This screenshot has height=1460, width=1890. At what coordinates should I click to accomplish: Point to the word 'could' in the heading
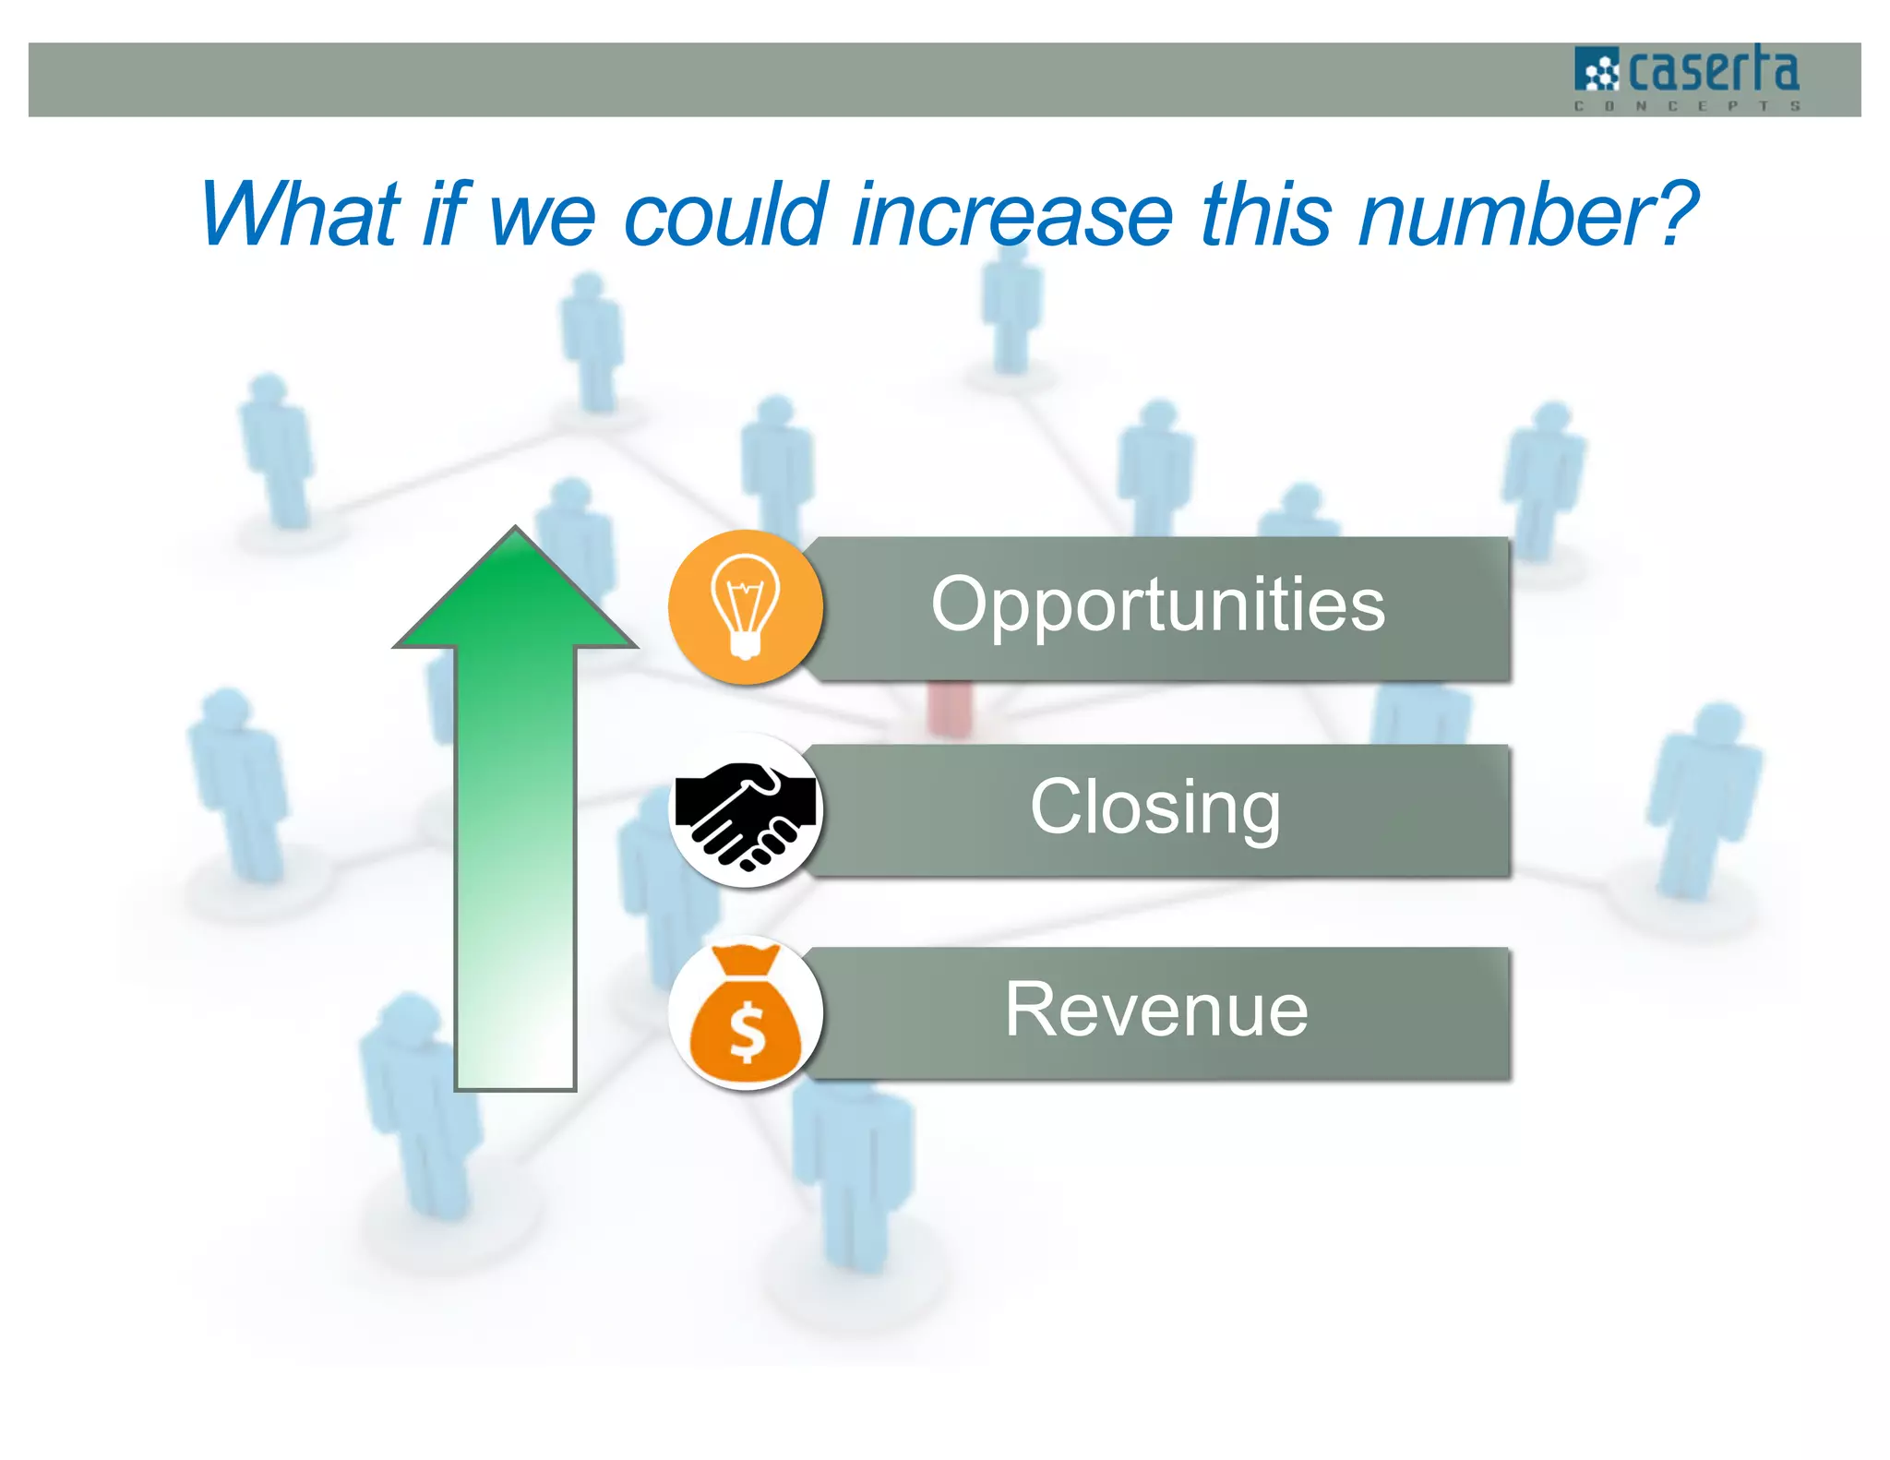coord(724,215)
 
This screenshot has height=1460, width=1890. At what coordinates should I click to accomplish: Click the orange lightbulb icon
coord(746,606)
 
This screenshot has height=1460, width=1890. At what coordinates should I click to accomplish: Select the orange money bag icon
coord(746,1015)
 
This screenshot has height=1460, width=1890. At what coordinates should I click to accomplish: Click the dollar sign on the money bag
coord(747,1032)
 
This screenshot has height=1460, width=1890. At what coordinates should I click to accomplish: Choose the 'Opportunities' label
coord(1158,604)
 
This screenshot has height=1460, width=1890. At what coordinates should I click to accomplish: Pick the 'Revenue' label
coord(1155,1011)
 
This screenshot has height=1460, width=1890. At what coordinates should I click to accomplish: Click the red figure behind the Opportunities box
coord(951,709)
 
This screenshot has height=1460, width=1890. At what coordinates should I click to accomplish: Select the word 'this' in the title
coord(1266,215)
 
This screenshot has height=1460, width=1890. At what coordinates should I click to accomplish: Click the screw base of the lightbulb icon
coord(746,643)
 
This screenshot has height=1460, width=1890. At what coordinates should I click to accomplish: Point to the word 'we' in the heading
coord(543,215)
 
